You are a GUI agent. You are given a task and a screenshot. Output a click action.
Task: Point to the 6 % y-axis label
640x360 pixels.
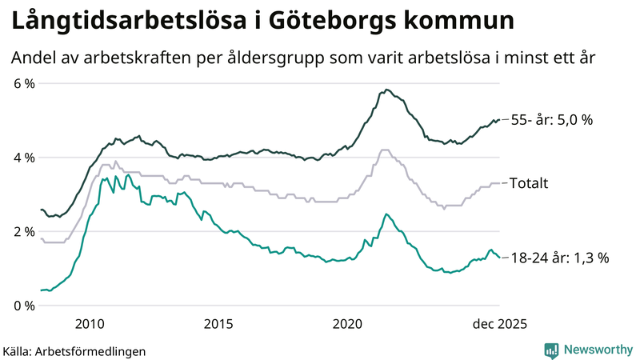[x=23, y=84]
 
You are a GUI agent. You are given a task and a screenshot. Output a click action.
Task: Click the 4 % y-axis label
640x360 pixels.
[x=23, y=158]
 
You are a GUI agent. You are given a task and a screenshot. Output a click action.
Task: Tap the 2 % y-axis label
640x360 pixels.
[x=23, y=232]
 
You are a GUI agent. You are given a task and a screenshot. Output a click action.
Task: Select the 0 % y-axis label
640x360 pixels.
[x=23, y=306]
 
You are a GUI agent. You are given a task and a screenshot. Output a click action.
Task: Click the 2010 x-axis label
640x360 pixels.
[x=90, y=323]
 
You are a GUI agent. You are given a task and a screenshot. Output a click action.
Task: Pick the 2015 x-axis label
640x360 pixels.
[x=218, y=323]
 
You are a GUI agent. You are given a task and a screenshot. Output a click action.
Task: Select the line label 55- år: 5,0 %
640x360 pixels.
[x=551, y=120]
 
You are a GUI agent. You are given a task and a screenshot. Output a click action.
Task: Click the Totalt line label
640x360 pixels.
[x=529, y=183]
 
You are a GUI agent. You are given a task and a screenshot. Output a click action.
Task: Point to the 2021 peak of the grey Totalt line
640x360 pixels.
[x=385, y=150]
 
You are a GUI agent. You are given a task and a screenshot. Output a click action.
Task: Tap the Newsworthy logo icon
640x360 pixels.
[x=551, y=350]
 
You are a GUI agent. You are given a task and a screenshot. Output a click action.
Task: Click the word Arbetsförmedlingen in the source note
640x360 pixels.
[x=97, y=350]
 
